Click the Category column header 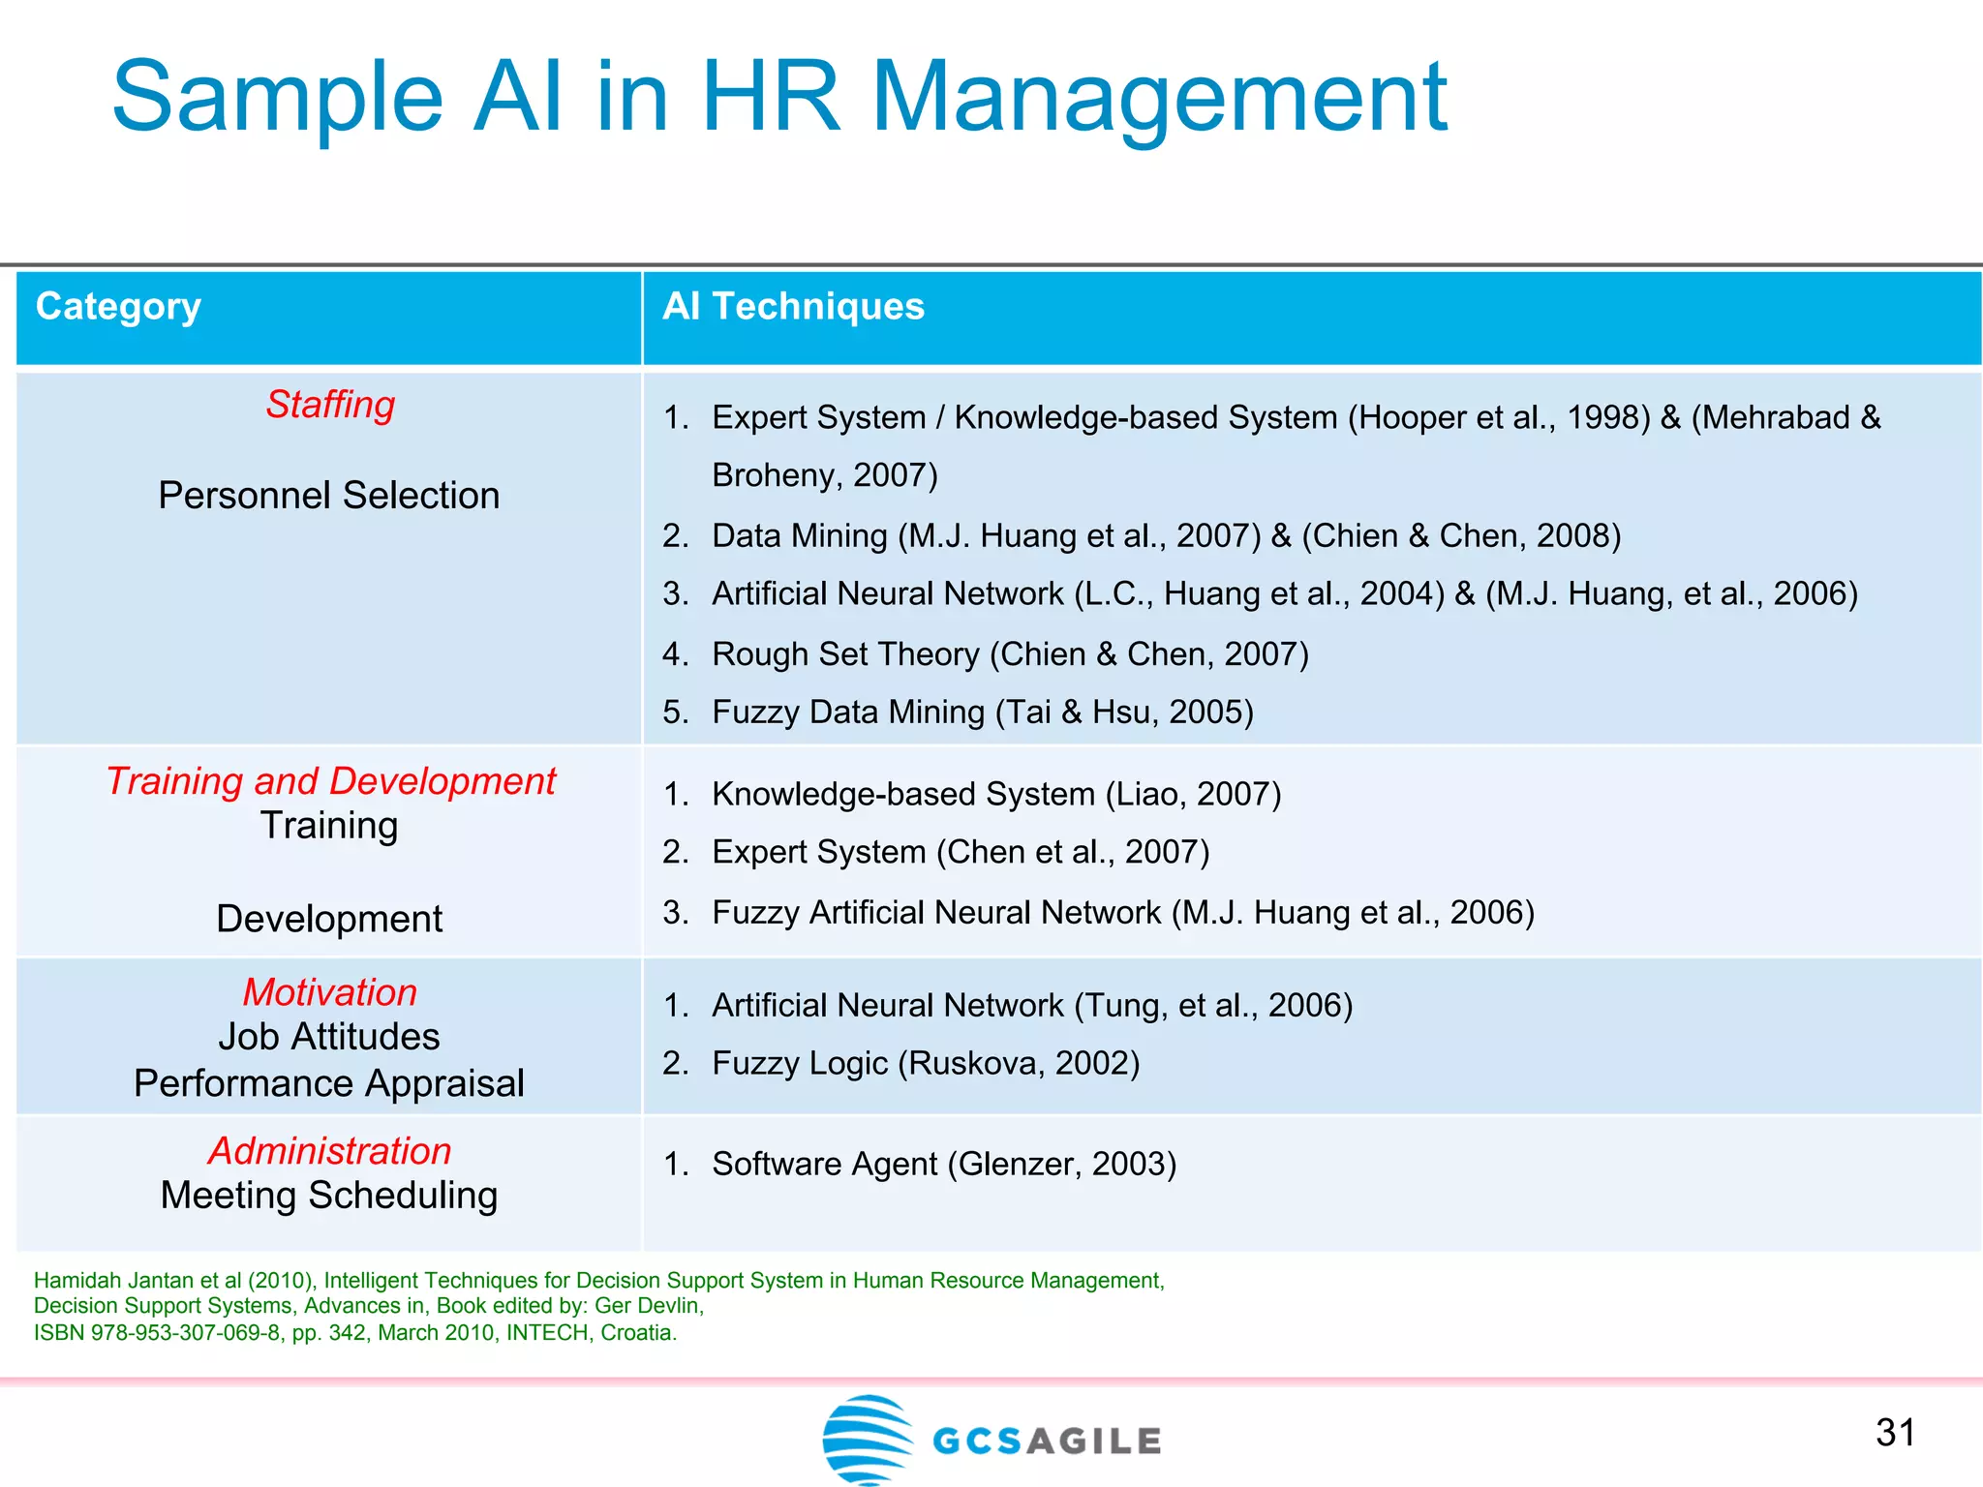pyautogui.click(x=118, y=307)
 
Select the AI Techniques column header pyautogui.click(x=793, y=307)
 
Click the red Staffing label pyautogui.click(x=330, y=405)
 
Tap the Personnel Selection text pyautogui.click(x=329, y=496)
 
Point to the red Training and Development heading pyautogui.click(x=330, y=781)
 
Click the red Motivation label pyautogui.click(x=330, y=992)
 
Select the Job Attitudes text pyautogui.click(x=329, y=1037)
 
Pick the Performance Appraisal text pyautogui.click(x=329, y=1083)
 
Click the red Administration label pyautogui.click(x=330, y=1151)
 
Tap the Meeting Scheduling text pyautogui.click(x=329, y=1196)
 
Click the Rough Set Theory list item pyautogui.click(x=1010, y=654)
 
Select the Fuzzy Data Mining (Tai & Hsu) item pyautogui.click(x=982, y=713)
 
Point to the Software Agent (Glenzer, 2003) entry pyautogui.click(x=944, y=1164)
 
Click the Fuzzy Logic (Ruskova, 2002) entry pyautogui.click(x=926, y=1064)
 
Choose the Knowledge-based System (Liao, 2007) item pyautogui.click(x=996, y=795)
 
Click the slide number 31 pyautogui.click(x=1895, y=1433)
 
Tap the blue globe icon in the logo pyautogui.click(x=867, y=1440)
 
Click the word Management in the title pyautogui.click(x=1159, y=97)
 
